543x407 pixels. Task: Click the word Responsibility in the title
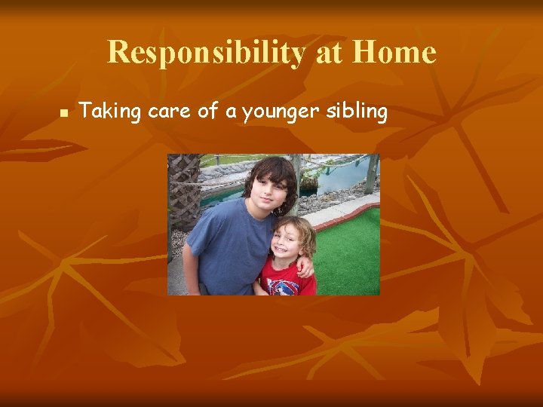point(205,53)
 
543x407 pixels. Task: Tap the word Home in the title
point(394,53)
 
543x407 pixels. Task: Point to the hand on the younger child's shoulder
point(305,265)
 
